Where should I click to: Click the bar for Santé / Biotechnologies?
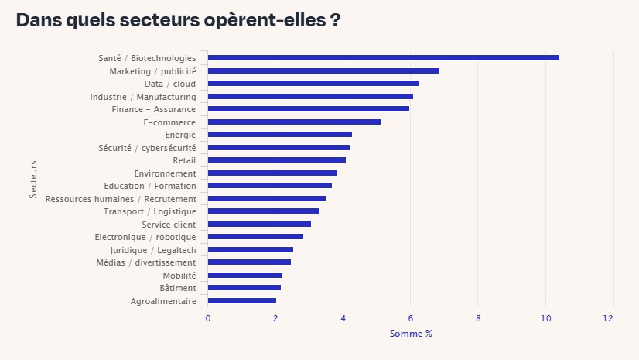pos(383,57)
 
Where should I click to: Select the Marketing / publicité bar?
pos(323,70)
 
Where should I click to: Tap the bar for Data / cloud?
pos(313,83)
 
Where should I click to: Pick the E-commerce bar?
pos(294,122)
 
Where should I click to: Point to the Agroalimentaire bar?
pos(242,300)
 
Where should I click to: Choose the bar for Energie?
pos(279,134)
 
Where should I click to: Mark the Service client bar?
pos(259,224)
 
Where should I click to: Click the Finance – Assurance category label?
pos(154,109)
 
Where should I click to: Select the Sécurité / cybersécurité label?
pos(147,147)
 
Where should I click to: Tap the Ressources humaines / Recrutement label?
pos(121,198)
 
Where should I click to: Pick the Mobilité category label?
pos(179,275)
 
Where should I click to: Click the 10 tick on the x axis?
pos(546,318)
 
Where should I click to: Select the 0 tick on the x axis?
pos(207,318)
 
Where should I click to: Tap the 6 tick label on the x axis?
pos(411,318)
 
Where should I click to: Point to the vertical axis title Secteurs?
pos(33,179)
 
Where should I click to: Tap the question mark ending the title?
pos(335,20)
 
